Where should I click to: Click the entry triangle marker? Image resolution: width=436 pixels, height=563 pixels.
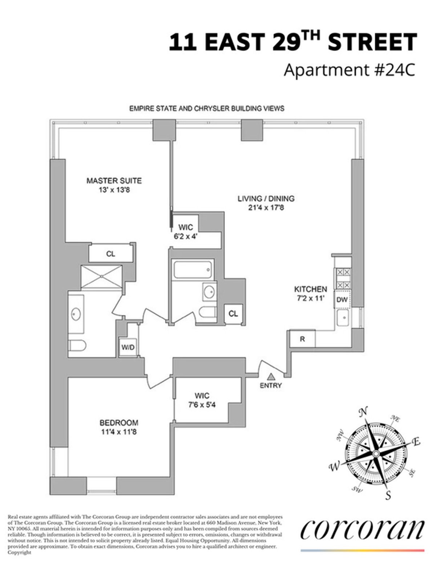pos(270,377)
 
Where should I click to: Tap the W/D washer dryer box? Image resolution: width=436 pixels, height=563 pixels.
pos(128,347)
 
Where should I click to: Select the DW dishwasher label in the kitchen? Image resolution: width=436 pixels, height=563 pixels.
pos(342,300)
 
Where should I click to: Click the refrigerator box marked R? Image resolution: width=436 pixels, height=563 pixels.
pos(302,339)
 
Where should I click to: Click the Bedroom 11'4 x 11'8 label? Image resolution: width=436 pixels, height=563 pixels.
pos(119,427)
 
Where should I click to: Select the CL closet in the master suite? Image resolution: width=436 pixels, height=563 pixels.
pos(110,254)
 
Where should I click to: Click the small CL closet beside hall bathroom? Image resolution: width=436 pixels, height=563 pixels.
pos(233,314)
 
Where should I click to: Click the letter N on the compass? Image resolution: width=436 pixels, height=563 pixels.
pos(362,412)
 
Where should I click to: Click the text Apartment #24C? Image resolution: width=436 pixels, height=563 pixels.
pos(349,70)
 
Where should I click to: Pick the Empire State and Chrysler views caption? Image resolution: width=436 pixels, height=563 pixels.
pos(207,108)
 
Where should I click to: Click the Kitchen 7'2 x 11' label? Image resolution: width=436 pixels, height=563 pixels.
pos(310,293)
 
